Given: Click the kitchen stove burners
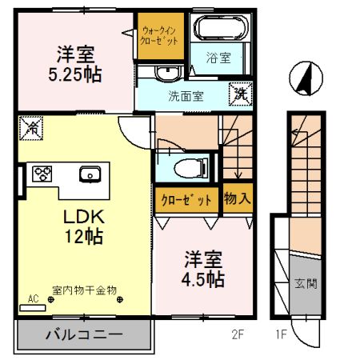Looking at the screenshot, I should pyautogui.click(x=41, y=173).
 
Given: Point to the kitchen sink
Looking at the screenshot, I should pyautogui.click(x=89, y=174).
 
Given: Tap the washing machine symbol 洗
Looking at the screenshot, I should pyautogui.click(x=239, y=92).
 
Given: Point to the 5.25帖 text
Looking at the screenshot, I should pyautogui.click(x=76, y=74).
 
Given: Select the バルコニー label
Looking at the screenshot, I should pyautogui.click(x=83, y=334).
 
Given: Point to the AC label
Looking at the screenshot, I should pyautogui.click(x=34, y=298).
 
